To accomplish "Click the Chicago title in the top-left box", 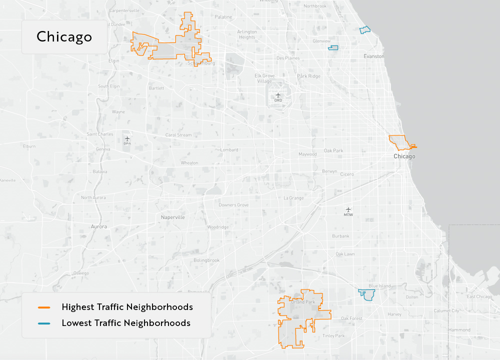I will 64,37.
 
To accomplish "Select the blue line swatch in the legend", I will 44,323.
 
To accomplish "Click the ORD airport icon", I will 278,95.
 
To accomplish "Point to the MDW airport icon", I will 348,209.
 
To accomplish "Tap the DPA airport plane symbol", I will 127,138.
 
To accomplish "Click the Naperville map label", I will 173,217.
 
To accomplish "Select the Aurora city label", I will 99,226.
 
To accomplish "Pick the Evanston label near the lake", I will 374,56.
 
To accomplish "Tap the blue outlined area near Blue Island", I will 368,294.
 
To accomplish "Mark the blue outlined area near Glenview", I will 333,48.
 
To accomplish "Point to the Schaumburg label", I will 200,63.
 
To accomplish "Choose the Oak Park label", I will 333,150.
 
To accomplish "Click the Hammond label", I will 459,330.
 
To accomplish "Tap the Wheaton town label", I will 189,163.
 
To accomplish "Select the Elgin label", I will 113,61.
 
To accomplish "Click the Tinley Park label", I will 333,336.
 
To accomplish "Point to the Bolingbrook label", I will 206,260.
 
